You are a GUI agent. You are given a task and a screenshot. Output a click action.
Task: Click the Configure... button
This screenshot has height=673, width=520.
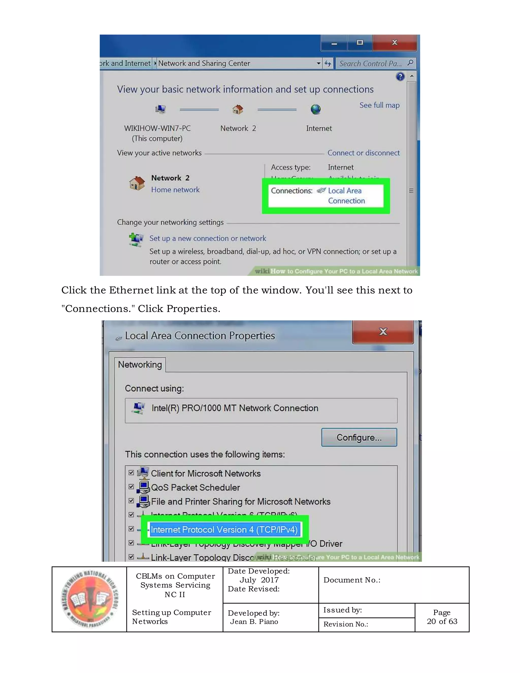(x=359, y=437)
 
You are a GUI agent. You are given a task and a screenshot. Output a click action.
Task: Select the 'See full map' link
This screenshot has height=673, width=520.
(x=379, y=105)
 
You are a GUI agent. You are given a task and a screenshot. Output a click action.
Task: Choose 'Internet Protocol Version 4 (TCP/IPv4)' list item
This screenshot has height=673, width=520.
(x=224, y=530)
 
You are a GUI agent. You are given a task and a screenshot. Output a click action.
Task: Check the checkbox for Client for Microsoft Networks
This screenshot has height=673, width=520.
(x=131, y=473)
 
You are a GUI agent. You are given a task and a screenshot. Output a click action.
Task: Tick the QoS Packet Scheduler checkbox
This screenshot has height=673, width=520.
(x=131, y=487)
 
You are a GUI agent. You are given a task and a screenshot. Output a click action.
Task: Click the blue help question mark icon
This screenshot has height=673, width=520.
(x=400, y=76)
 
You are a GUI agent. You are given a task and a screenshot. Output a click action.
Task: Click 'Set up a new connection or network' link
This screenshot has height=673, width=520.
(x=208, y=238)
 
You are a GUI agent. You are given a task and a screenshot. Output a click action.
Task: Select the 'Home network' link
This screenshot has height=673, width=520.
(x=175, y=190)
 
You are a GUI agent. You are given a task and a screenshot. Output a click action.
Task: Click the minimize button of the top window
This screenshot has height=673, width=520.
(x=334, y=43)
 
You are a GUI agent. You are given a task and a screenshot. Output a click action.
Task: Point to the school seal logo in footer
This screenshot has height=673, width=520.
(x=89, y=599)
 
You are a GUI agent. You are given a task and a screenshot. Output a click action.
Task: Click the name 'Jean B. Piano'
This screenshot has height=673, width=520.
(x=254, y=621)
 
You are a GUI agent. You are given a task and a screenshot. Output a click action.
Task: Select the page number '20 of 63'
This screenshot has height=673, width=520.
(x=442, y=621)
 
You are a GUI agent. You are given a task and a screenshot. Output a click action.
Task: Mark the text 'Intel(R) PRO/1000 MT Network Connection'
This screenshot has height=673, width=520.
(x=235, y=408)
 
